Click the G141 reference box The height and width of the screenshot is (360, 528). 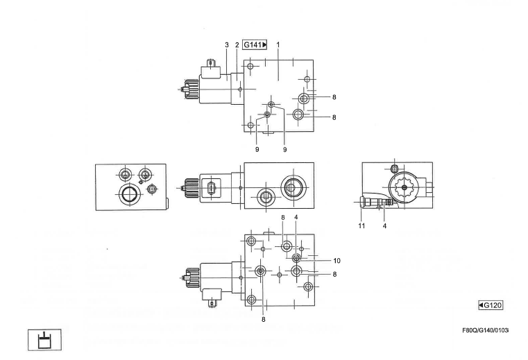coord(255,44)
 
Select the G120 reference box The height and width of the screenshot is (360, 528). coord(491,305)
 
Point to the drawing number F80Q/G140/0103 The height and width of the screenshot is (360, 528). coord(485,331)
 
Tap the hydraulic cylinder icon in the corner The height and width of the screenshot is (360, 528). coord(44,340)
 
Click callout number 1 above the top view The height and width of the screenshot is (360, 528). coord(278,44)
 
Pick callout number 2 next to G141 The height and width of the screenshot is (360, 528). coord(237,45)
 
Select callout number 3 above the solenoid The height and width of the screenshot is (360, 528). coord(227,45)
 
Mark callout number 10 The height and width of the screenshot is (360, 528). coord(337,261)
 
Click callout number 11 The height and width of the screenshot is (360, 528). coord(361,225)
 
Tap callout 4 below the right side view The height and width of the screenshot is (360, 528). coord(384,226)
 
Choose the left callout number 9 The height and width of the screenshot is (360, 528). coord(257,150)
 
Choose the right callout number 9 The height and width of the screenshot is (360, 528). coord(284,150)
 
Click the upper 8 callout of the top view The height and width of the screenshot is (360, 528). coord(334,97)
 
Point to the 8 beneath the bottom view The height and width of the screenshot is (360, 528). coord(264,319)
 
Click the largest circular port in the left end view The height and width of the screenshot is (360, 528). coord(129,194)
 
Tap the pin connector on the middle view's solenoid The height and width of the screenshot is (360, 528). coord(211,187)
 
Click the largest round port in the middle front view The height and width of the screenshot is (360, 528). coord(293,186)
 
